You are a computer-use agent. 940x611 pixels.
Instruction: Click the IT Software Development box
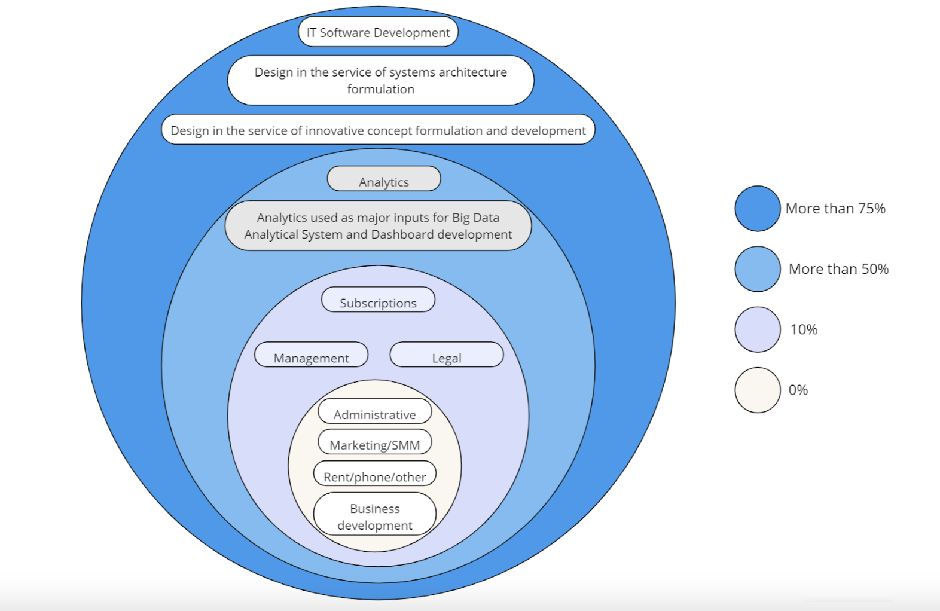point(378,32)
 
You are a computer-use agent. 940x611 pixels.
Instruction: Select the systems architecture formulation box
point(380,80)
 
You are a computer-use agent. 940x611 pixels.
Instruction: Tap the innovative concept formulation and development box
point(378,130)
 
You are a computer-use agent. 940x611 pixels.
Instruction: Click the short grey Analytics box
point(384,179)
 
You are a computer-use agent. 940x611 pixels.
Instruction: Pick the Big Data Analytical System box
point(378,225)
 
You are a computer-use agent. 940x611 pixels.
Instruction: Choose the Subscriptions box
point(378,300)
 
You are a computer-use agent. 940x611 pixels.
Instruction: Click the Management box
point(311,355)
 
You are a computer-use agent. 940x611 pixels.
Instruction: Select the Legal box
point(446,355)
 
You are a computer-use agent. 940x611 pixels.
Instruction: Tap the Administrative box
point(374,412)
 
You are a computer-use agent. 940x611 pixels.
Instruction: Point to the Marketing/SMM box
point(374,442)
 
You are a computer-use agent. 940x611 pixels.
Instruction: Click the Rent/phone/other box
point(374,474)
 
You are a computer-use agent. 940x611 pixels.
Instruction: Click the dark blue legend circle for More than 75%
point(757,209)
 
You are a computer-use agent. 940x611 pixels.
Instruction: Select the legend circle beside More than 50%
point(757,269)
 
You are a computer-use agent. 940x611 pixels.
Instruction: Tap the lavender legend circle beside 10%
point(757,329)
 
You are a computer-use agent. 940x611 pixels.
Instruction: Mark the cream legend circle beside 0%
point(757,390)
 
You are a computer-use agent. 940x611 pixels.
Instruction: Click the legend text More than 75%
point(835,209)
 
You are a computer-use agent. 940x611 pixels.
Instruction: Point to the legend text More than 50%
point(838,269)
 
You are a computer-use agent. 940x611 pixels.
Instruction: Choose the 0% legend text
point(798,390)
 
